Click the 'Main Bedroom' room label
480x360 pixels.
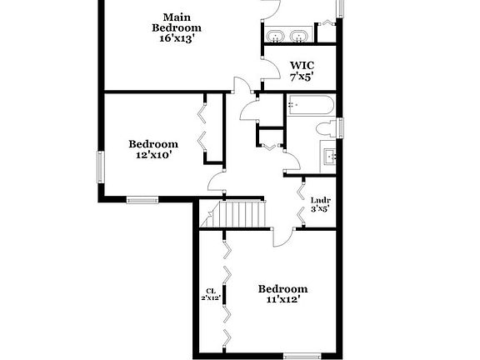click(176, 22)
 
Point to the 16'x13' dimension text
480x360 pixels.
click(176, 38)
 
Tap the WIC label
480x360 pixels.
click(302, 65)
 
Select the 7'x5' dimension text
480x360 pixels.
click(302, 77)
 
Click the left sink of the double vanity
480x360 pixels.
click(275, 36)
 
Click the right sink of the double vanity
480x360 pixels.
click(298, 36)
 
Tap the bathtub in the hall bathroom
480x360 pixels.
click(310, 106)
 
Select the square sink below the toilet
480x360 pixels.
click(329, 155)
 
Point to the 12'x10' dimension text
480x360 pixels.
click(153, 154)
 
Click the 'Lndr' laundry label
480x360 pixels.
click(320, 200)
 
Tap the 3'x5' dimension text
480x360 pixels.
click(320, 209)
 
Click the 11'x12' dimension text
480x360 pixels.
click(282, 300)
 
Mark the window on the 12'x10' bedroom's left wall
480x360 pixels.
click(100, 167)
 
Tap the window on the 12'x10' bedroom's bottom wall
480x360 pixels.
click(142, 199)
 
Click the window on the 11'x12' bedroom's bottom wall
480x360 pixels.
click(302, 356)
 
